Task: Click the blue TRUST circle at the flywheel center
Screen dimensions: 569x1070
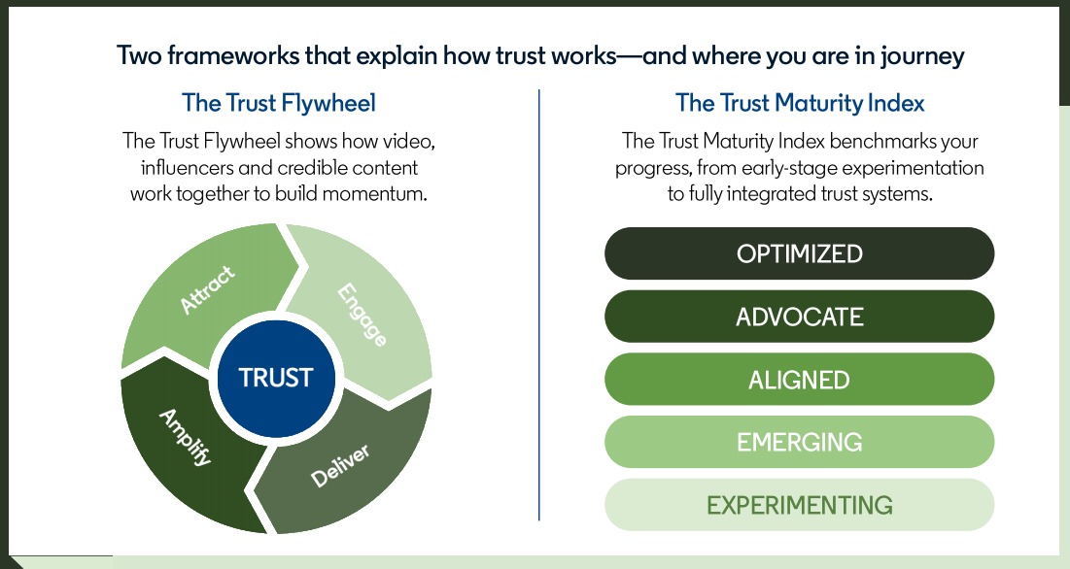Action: (x=276, y=378)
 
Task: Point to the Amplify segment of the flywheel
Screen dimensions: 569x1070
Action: (x=185, y=437)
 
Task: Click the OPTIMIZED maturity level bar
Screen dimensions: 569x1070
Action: (x=799, y=253)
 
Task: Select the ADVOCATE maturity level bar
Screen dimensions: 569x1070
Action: (x=799, y=317)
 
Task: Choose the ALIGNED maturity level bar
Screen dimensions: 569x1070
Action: (x=799, y=380)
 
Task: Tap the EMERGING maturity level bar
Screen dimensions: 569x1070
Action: (x=799, y=443)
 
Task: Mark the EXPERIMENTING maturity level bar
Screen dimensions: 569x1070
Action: (x=799, y=505)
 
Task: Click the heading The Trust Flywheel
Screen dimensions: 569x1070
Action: (x=279, y=103)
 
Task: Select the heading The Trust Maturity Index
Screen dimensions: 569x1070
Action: (x=800, y=103)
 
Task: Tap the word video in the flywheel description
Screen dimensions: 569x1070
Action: (x=408, y=141)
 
